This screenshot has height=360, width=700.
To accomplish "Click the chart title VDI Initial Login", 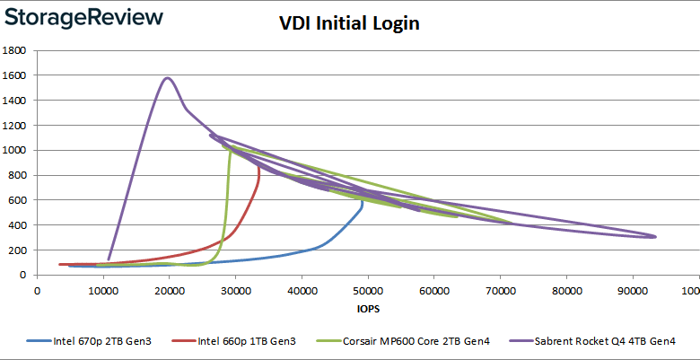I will pyautogui.click(x=349, y=24).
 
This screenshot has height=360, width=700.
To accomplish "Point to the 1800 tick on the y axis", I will pyautogui.click(x=14, y=50).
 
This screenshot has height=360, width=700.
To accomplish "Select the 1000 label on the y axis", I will pyautogui.click(x=14, y=150).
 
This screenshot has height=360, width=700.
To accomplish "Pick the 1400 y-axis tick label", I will pyautogui.click(x=14, y=100).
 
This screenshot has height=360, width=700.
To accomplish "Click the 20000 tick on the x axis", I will pyautogui.click(x=169, y=290).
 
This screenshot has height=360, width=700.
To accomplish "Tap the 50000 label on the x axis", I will pyautogui.click(x=367, y=290).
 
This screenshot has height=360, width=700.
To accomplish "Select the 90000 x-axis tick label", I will pyautogui.click(x=632, y=290).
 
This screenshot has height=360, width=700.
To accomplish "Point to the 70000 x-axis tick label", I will pyautogui.click(x=500, y=290).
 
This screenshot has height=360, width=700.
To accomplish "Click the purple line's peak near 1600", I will pyautogui.click(x=168, y=78).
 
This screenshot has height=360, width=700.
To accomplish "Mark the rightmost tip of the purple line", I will pyautogui.click(x=655, y=237).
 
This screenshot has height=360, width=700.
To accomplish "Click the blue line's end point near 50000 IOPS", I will pyautogui.click(x=363, y=204).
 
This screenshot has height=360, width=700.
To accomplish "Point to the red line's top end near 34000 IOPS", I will pyautogui.click(x=259, y=165).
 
